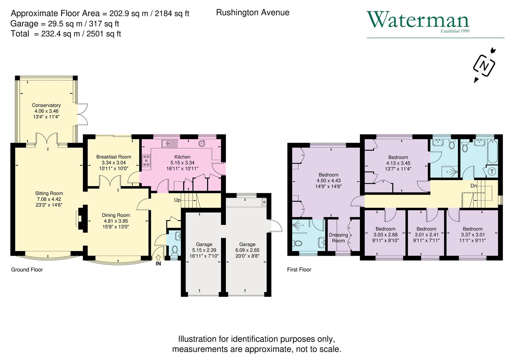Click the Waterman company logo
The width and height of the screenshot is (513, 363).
418,21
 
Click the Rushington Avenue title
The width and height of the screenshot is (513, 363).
253,13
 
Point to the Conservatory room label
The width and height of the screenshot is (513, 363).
46,106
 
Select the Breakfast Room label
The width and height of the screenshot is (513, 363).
114,157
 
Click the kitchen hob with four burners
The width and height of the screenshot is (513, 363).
147,161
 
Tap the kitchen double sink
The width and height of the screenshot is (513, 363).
169,144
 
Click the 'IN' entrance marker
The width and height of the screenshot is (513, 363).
158,264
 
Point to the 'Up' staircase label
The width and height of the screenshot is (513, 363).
177,200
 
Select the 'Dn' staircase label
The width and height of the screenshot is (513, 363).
473,186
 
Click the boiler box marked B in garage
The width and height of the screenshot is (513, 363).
264,202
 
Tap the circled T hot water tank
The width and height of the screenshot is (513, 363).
492,171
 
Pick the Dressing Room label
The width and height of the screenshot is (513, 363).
338,238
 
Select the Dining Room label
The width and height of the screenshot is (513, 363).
116,215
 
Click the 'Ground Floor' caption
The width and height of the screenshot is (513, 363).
27,270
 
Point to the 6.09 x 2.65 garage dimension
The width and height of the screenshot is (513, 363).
247,250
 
